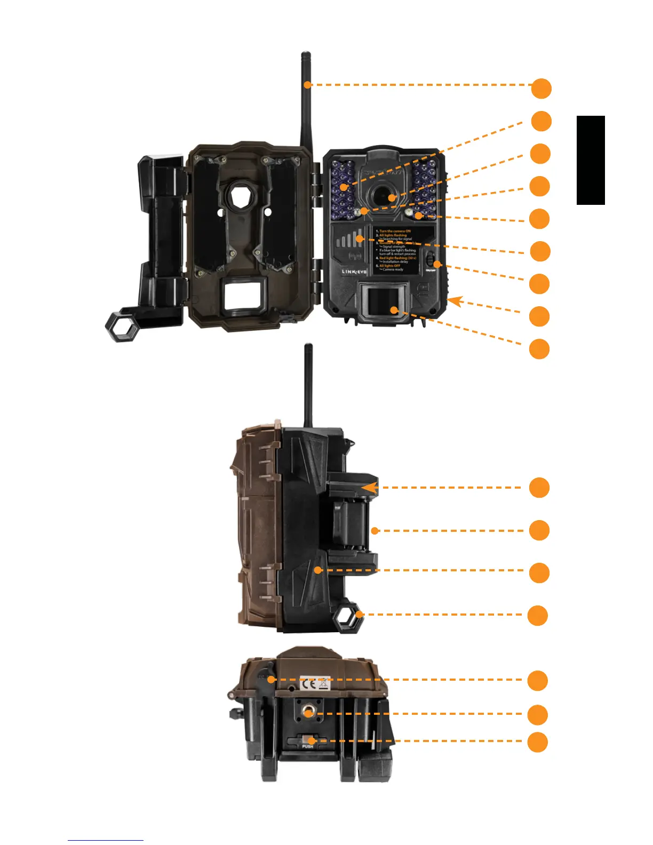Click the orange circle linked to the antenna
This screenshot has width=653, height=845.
tap(541, 89)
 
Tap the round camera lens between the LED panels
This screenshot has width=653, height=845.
tap(382, 197)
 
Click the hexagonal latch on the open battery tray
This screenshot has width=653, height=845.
tap(123, 326)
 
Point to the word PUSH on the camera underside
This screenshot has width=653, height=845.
tap(308, 746)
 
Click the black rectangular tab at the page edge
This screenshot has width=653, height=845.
tap(591, 160)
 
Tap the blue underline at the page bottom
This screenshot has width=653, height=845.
tap(105, 840)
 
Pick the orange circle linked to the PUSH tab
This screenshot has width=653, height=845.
tap(538, 742)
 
